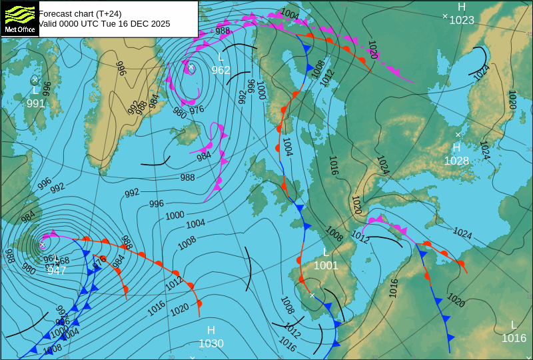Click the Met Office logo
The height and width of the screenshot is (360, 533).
click(19, 18)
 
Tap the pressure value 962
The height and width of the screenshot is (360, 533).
click(221, 70)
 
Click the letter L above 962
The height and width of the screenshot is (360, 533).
click(221, 57)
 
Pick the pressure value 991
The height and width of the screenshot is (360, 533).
click(36, 103)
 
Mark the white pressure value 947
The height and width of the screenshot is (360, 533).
click(57, 270)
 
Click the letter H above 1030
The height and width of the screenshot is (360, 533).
click(211, 330)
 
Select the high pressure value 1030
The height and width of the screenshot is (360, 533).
click(211, 343)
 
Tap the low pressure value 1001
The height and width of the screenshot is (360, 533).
click(326, 265)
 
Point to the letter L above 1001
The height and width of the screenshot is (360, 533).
click(326, 252)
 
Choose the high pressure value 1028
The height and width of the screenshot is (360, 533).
click(456, 161)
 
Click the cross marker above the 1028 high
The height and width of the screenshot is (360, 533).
click(458, 135)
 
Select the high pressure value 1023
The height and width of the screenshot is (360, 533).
click(461, 20)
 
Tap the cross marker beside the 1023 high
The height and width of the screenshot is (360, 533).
click(445, 16)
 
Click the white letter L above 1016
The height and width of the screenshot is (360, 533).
click(513, 325)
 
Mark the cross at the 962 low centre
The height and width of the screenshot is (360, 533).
click(191, 67)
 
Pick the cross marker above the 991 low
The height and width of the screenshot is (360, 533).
click(35, 79)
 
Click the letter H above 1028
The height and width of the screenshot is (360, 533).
click(456, 147)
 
